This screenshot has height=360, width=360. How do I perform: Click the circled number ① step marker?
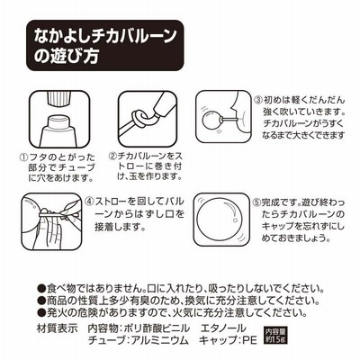point(23,157)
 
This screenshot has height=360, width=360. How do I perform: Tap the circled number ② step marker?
point(112,156)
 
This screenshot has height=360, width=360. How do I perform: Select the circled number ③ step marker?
point(258,100)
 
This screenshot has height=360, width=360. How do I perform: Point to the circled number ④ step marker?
point(89,201)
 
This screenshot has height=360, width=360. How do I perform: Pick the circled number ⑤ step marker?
point(256,202)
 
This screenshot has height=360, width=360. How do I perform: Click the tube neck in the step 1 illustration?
point(58,121)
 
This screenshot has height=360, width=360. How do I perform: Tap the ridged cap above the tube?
point(59,98)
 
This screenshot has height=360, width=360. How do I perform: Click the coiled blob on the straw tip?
point(139,118)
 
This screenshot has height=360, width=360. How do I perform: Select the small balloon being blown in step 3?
point(211,121)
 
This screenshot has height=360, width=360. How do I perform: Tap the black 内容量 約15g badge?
point(275,336)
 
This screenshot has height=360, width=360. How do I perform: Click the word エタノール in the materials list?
point(223,328)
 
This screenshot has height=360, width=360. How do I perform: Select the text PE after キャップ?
point(249,340)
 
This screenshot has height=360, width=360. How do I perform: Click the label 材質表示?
point(57,328)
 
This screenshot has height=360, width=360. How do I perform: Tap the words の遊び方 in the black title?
point(66,56)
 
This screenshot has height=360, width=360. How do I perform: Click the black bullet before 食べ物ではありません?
point(40,289)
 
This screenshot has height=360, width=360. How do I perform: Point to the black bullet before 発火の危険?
point(40,312)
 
